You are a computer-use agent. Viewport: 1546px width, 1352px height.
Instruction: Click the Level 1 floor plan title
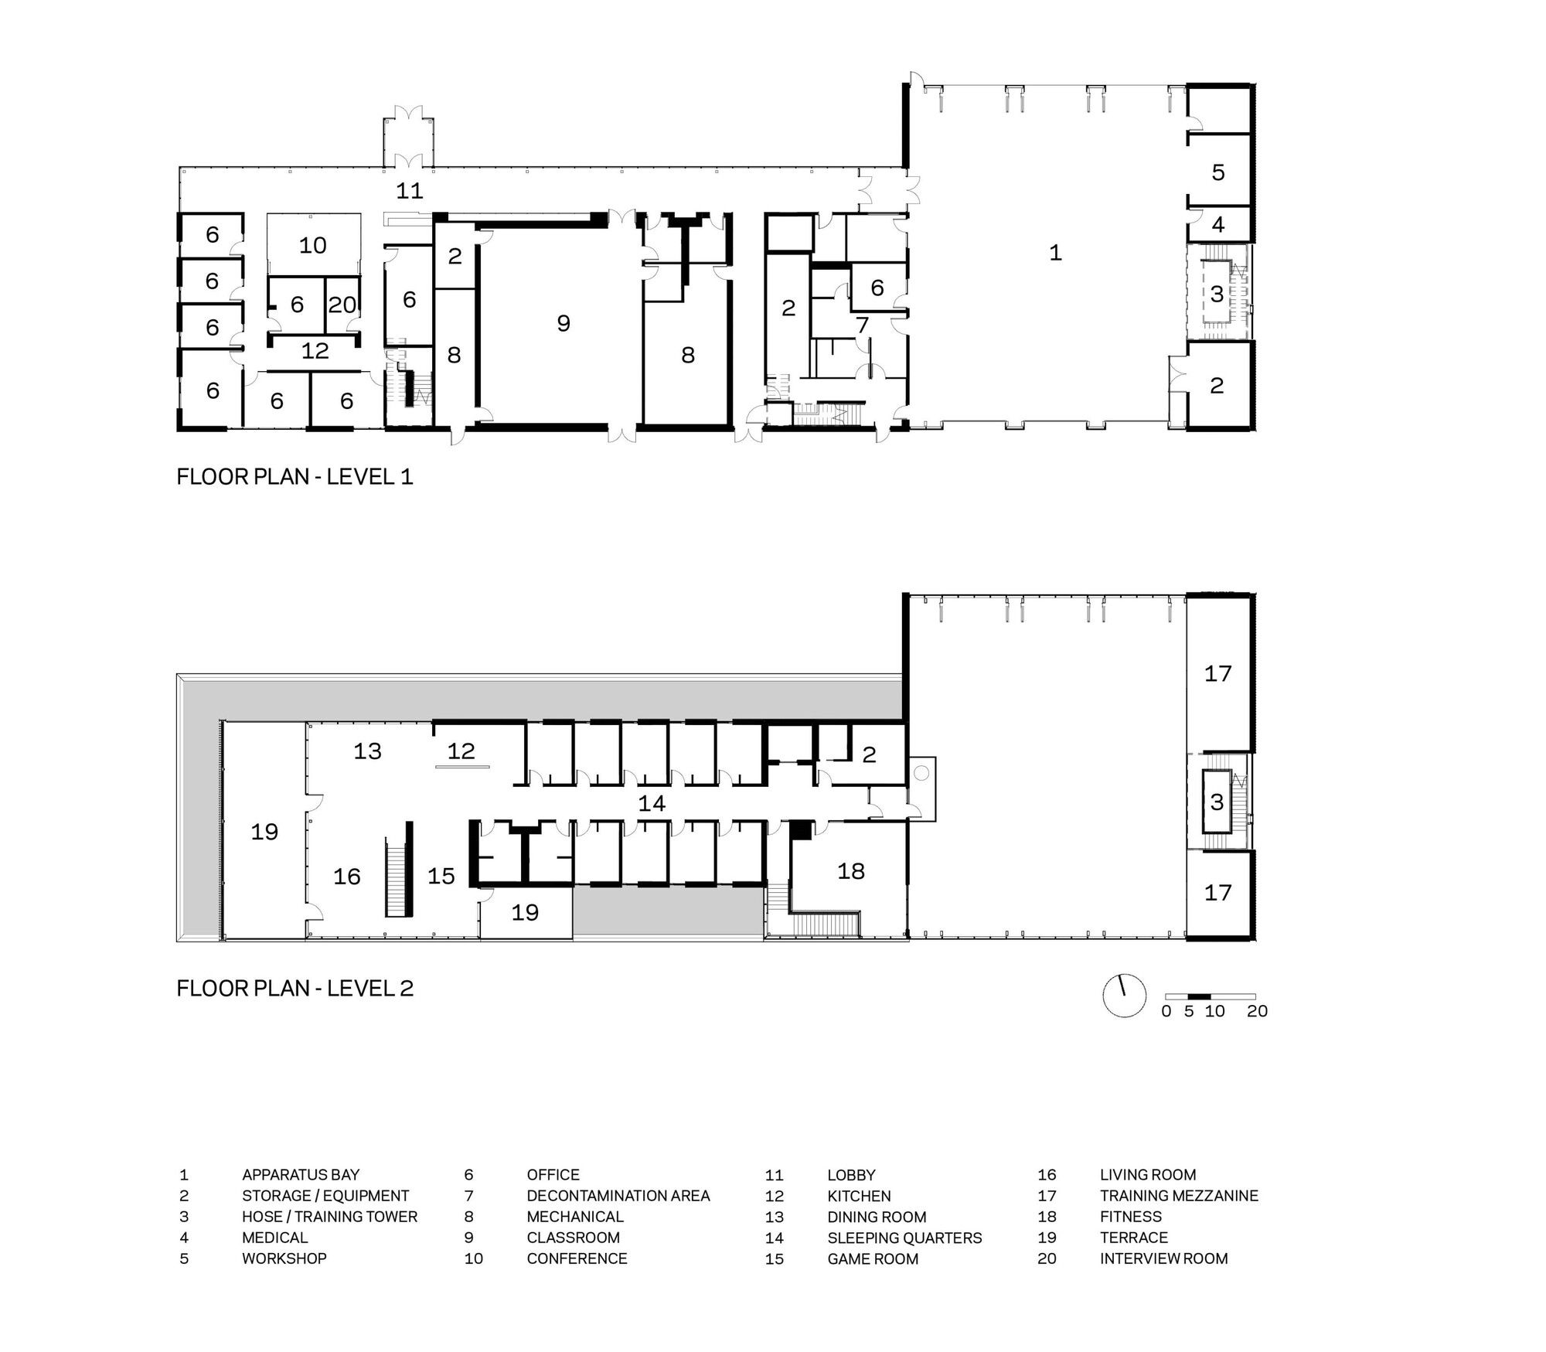295,476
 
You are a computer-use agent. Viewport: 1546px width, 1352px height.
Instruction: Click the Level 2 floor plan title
295,988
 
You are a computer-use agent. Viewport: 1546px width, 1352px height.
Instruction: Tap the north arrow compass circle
1124,996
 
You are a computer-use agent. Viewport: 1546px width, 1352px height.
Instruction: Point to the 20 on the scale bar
1257,1011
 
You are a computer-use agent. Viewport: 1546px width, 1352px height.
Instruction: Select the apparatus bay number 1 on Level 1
1055,252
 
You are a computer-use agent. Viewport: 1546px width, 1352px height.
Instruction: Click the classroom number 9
564,323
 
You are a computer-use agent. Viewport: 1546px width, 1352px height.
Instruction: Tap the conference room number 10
313,245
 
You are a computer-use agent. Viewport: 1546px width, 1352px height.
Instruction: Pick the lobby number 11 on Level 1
410,190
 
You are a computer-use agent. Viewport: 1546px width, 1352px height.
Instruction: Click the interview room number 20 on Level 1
342,305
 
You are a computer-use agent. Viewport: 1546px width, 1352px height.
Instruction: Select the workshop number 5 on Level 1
1218,172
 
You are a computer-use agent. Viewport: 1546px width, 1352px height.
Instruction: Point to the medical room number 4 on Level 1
1218,225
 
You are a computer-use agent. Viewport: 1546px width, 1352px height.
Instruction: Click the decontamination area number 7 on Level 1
863,325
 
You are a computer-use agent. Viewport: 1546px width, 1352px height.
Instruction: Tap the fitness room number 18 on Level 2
851,871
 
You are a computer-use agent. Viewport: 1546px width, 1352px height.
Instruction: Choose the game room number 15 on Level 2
441,876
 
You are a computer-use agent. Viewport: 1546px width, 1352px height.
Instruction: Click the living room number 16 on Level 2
347,876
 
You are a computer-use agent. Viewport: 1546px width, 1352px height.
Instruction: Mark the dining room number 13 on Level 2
368,751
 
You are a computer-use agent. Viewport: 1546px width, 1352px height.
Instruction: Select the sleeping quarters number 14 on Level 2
652,803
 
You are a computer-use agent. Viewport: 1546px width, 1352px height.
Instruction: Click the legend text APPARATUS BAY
301,1175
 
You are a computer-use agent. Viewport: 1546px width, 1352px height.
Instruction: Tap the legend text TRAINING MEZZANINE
1179,1196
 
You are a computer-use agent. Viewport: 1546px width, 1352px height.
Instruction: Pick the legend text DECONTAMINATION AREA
618,1196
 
